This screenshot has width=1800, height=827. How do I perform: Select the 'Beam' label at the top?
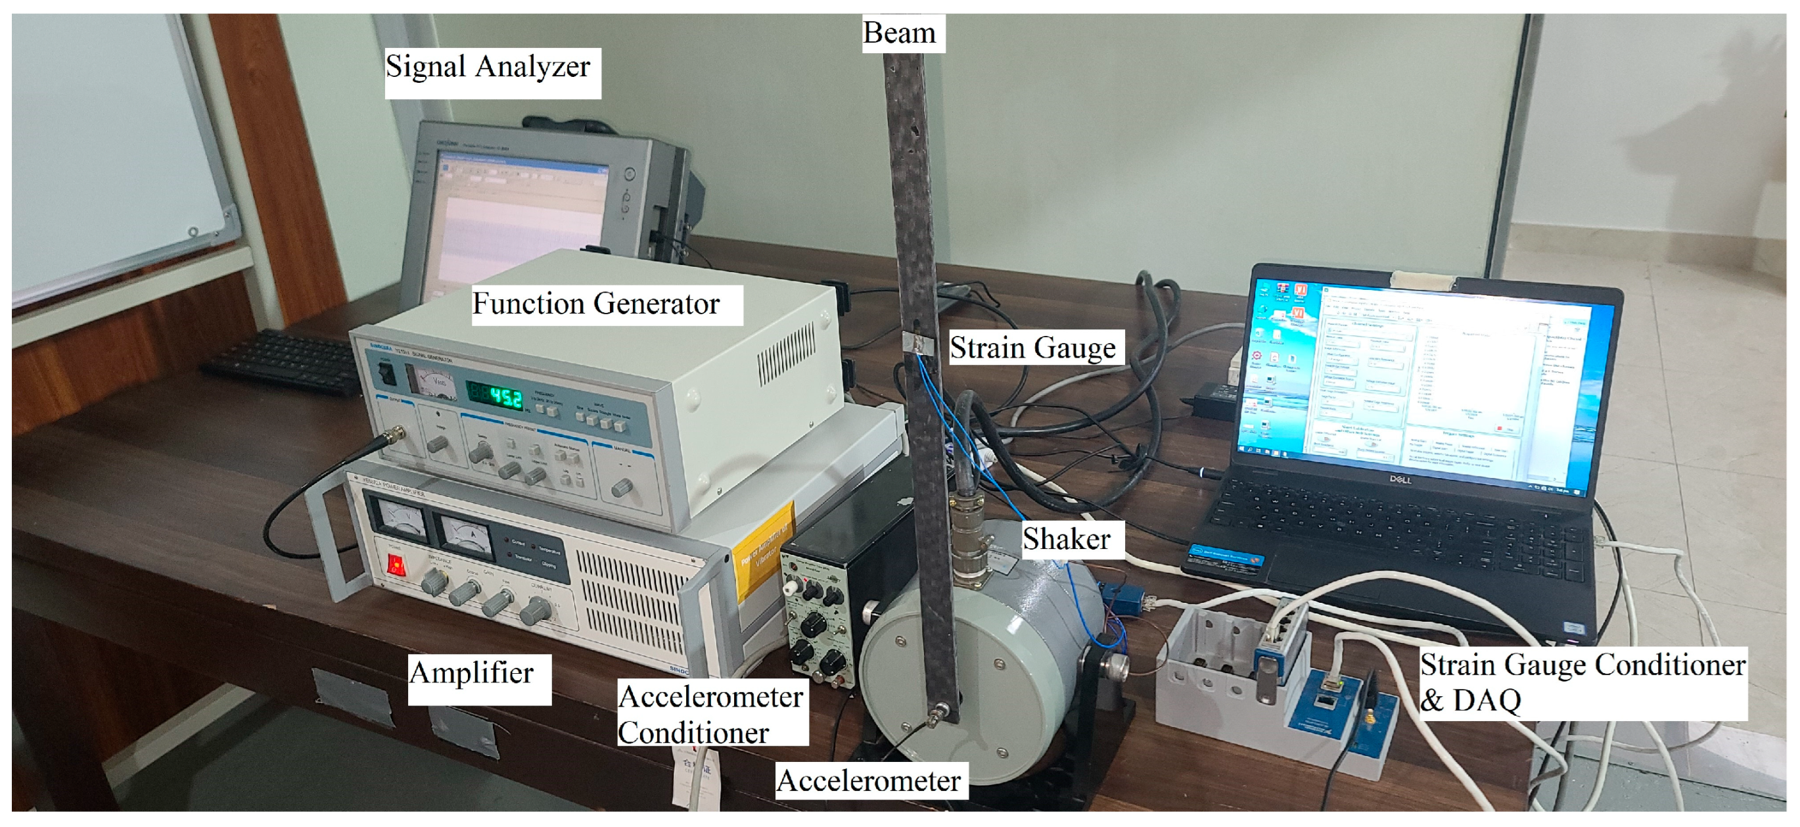tap(898, 33)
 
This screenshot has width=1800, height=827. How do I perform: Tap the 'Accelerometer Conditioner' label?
tap(710, 715)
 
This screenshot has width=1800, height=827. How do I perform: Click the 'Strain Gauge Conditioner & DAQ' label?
tap(1582, 682)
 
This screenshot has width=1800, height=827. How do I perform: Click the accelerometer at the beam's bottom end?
tap(935, 715)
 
